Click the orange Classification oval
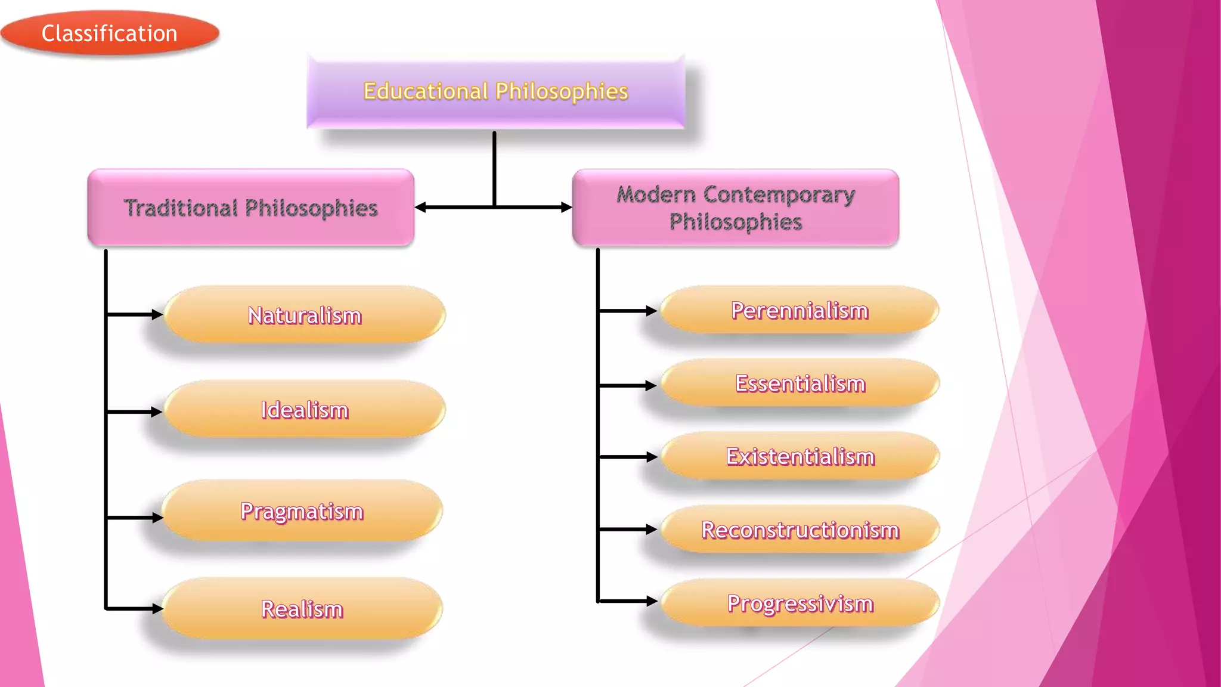[x=110, y=33]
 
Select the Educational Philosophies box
[x=495, y=91]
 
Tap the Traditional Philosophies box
[x=250, y=208]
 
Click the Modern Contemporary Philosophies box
[x=735, y=208]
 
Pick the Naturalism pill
[x=305, y=315]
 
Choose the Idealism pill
[x=305, y=410]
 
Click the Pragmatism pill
[x=302, y=511]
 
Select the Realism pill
[x=302, y=609]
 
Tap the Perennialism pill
[x=799, y=310]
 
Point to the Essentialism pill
[x=800, y=383]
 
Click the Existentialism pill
[x=800, y=456]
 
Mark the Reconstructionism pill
[x=800, y=530]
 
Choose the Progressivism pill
[x=800, y=603]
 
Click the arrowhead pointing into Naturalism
[x=157, y=314]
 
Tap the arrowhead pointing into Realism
[x=157, y=609]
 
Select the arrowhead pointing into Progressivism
[x=652, y=601]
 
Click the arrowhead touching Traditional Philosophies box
[x=420, y=208]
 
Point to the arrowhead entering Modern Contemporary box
[x=566, y=208]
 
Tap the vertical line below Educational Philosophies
[x=494, y=167]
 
